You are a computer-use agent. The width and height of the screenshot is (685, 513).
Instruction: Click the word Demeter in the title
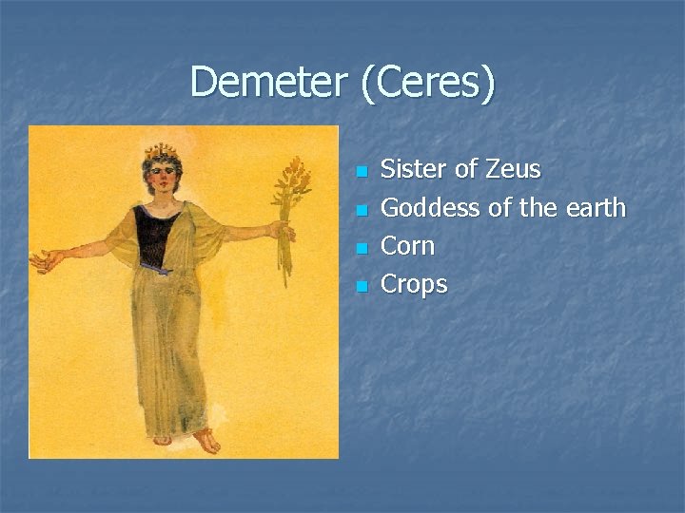[267, 83]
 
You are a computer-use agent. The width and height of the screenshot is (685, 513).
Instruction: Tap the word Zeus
[512, 170]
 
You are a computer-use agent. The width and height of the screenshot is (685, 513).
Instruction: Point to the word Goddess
[423, 208]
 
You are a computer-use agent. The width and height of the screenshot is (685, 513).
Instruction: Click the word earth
[594, 208]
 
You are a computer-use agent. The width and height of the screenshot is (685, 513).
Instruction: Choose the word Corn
[407, 246]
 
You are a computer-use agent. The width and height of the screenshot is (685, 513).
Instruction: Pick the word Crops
[414, 284]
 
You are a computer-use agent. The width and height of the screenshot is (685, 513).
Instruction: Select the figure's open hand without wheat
[44, 258]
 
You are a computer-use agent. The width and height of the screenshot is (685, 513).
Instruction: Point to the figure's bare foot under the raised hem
[205, 441]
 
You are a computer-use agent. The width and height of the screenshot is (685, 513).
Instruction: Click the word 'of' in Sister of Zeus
[466, 170]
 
